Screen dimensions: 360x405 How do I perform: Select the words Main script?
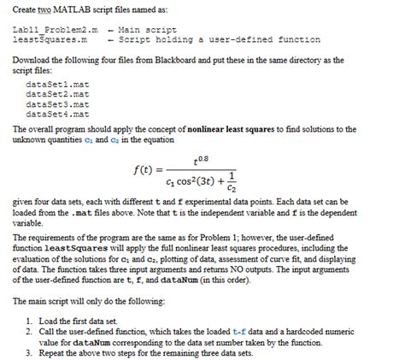(x=140, y=31)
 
